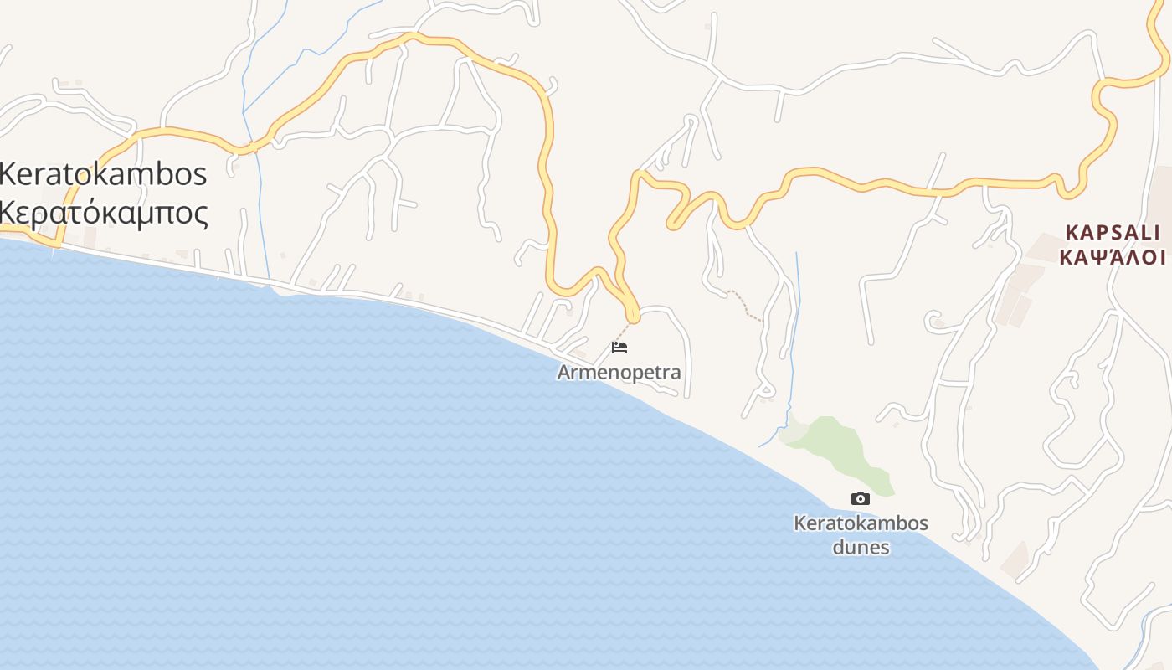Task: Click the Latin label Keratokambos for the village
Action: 103,174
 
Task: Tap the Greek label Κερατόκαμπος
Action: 103,213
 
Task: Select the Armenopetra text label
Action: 619,372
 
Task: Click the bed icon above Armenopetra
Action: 619,347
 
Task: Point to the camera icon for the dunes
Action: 860,499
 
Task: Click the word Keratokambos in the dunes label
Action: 861,523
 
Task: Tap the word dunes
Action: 861,548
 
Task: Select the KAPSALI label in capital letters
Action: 1113,232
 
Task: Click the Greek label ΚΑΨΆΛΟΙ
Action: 1113,257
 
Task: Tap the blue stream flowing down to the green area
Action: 794,335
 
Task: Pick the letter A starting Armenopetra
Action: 565,372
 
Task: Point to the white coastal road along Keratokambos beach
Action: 377,294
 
